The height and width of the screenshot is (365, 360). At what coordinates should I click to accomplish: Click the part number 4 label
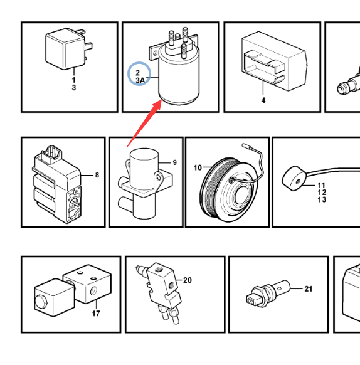(x=263, y=100)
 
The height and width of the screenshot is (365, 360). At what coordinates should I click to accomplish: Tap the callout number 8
(x=97, y=175)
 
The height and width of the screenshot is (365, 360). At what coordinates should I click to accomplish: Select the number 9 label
(x=174, y=162)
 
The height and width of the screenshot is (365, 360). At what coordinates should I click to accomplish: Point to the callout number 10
(x=198, y=167)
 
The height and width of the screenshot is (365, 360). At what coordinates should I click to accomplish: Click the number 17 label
(x=96, y=314)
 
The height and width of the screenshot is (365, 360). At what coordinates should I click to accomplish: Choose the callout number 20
(x=188, y=280)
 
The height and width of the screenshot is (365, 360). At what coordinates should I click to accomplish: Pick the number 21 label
(x=309, y=289)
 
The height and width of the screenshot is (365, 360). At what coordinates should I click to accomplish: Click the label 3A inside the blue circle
(x=140, y=80)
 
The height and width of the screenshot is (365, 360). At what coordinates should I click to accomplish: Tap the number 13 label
(x=322, y=199)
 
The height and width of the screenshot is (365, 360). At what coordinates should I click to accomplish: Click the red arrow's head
(x=157, y=104)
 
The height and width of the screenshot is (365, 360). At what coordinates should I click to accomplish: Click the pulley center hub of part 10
(x=241, y=196)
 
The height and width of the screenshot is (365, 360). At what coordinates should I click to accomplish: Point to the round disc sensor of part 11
(x=294, y=179)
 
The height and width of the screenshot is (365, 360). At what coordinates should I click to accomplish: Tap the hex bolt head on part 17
(x=41, y=302)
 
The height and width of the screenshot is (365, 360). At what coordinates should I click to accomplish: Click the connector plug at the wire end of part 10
(x=246, y=146)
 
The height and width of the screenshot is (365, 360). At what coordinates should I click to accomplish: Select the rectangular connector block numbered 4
(x=274, y=61)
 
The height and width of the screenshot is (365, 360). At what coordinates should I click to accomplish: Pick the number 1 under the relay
(x=74, y=80)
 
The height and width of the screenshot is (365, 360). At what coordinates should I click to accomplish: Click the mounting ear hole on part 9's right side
(x=158, y=177)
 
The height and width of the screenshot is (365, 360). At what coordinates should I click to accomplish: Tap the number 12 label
(x=322, y=193)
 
